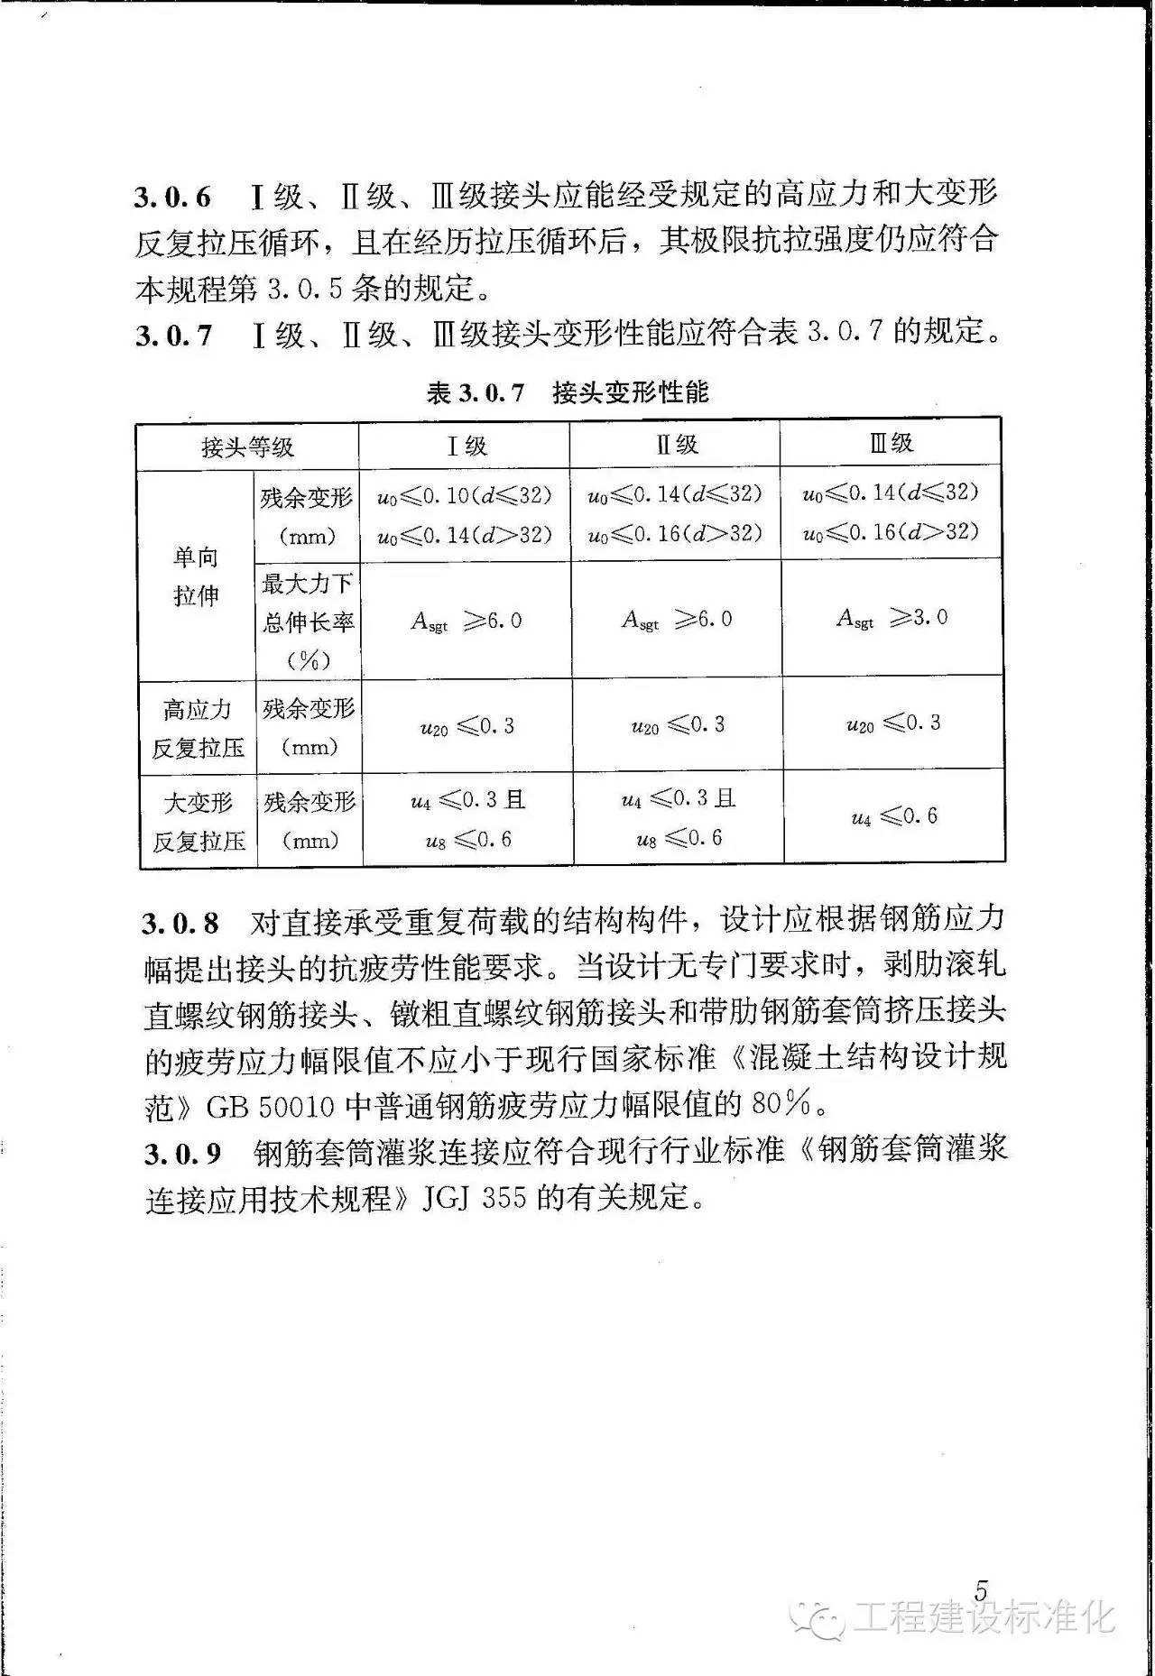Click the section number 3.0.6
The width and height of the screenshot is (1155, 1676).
[172, 197]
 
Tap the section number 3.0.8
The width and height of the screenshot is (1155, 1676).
[180, 922]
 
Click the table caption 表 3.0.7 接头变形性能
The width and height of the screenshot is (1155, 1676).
[568, 392]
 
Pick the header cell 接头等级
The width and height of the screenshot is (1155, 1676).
[247, 447]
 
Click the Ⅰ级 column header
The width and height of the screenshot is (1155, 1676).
[466, 445]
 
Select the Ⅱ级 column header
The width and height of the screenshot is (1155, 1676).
[676, 444]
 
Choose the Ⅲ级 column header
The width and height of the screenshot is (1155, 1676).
[891, 442]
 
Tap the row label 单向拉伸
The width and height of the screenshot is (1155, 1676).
[196, 576]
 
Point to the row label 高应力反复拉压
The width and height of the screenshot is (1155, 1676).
[198, 728]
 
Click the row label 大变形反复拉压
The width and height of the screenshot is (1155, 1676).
[199, 821]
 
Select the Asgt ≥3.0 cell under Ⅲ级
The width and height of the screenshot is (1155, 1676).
[892, 618]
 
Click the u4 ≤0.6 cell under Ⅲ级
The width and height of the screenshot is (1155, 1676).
[893, 816]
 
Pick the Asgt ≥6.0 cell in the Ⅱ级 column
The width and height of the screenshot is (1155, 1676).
[676, 620]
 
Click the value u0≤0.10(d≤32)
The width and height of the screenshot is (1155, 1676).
[464, 496]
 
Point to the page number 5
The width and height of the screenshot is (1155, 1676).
[982, 1590]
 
